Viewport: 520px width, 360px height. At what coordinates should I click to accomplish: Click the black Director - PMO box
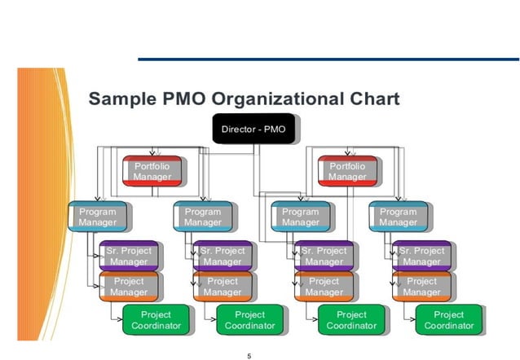coord(253,130)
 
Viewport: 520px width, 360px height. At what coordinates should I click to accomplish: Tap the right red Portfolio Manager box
coord(347,171)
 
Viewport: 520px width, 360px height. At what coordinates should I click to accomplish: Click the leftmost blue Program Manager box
coord(97,217)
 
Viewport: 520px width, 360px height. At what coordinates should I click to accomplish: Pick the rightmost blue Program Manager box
coord(398,217)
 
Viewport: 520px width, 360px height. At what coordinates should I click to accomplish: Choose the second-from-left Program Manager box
coord(203,217)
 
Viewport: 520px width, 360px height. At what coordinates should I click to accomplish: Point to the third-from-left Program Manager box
coord(300,217)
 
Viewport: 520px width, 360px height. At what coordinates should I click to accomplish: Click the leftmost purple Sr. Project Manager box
coord(129,256)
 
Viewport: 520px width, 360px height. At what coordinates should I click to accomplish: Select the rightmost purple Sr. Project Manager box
coord(421,256)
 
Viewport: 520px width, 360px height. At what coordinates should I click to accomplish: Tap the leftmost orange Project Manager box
coord(129,287)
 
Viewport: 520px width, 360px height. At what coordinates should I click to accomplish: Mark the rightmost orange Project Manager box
coord(421,287)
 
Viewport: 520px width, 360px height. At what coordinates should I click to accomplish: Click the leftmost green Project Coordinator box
coord(156,320)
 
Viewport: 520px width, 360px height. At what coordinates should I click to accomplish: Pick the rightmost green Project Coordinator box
coord(448,320)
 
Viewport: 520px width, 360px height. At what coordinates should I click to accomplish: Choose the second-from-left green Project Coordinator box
coord(250,320)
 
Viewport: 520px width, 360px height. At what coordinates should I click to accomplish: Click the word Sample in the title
coord(120,99)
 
